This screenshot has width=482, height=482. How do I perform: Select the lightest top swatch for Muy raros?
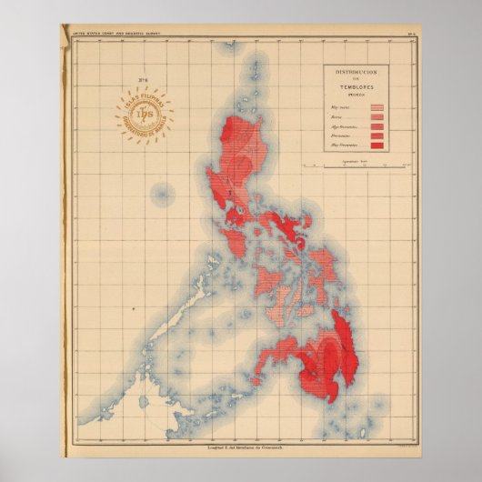coord(377,107)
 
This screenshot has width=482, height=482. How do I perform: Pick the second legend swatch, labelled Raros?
coord(377,117)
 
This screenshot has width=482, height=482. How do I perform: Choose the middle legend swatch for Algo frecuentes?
coord(377,127)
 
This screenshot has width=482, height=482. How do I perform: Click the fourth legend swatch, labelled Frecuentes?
coord(377,137)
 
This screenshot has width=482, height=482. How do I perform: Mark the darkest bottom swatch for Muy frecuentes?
coord(377,147)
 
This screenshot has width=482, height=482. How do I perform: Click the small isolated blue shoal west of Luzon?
coord(162,193)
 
